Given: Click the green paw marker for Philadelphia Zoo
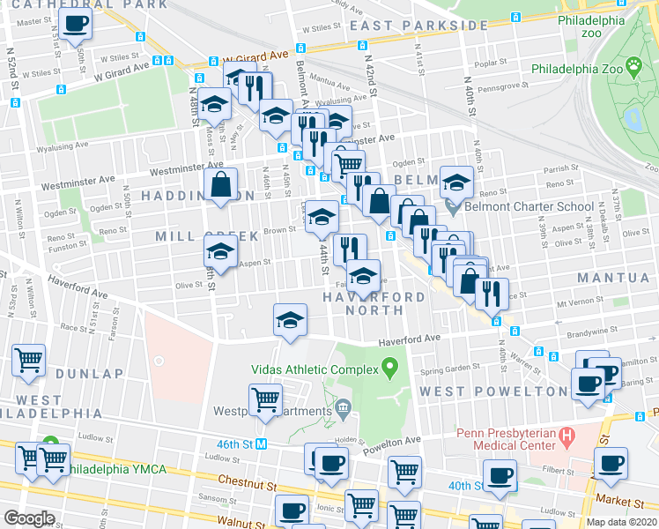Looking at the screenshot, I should click(633, 64).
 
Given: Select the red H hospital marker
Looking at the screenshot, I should click(566, 436).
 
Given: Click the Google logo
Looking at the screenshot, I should click(29, 518).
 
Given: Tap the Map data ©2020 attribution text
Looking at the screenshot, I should click(621, 522).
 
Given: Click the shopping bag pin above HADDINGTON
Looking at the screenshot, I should click(221, 186).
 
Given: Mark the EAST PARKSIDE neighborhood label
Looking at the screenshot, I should click(407, 26).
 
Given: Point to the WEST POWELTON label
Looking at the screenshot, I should click(492, 391).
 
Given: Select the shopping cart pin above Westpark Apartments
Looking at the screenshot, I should click(265, 400).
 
